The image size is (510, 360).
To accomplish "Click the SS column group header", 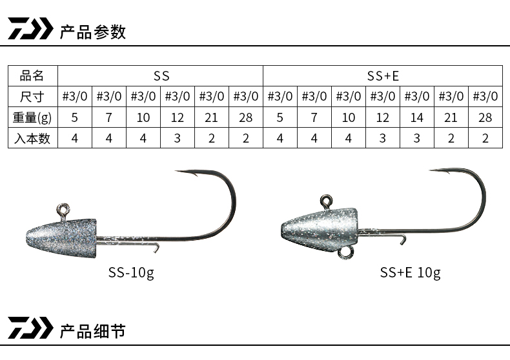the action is tap(161, 76).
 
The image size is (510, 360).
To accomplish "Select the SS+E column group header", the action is tap(383, 76).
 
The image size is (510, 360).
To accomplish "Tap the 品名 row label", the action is tap(32, 75).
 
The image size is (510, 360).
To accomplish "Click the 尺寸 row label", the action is tap(32, 97).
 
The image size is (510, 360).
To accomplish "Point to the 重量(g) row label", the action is tap(32, 117).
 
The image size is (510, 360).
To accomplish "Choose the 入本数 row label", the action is tap(32, 139).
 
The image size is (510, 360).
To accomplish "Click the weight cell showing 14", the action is tap(416, 117).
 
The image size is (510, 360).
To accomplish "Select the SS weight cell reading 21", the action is tap(211, 117).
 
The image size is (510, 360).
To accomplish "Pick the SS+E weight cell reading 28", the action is tap(485, 117).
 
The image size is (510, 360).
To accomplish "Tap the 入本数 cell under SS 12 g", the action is tap(178, 139).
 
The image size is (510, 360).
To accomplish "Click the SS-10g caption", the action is tap(131, 273).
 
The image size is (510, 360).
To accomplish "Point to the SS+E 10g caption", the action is tap(410, 273).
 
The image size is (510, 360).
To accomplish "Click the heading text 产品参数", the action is tap(93, 32).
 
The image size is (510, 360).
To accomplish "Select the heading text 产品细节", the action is tap(93, 331).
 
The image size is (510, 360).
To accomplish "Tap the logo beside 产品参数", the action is tap(30, 28).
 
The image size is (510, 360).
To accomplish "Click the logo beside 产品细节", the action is tap(30, 328).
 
